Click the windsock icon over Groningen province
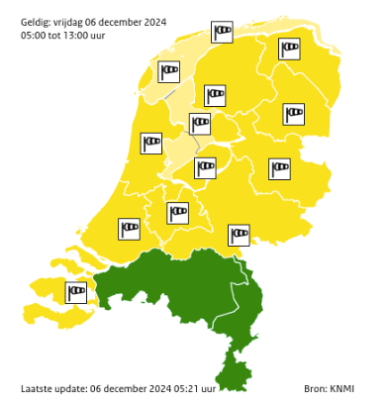(289, 49)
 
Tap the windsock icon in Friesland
(215, 95)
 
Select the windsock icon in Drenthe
(294, 115)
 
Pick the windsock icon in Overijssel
(280, 168)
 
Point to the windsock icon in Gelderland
(239, 235)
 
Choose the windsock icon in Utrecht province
(178, 213)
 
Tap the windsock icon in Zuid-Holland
(130, 230)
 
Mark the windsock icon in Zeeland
(76, 292)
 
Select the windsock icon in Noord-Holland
(151, 144)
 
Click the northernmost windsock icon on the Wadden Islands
(223, 33)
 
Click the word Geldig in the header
(36, 21)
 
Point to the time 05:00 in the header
(34, 36)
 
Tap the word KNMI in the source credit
(342, 388)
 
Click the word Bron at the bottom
(314, 388)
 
